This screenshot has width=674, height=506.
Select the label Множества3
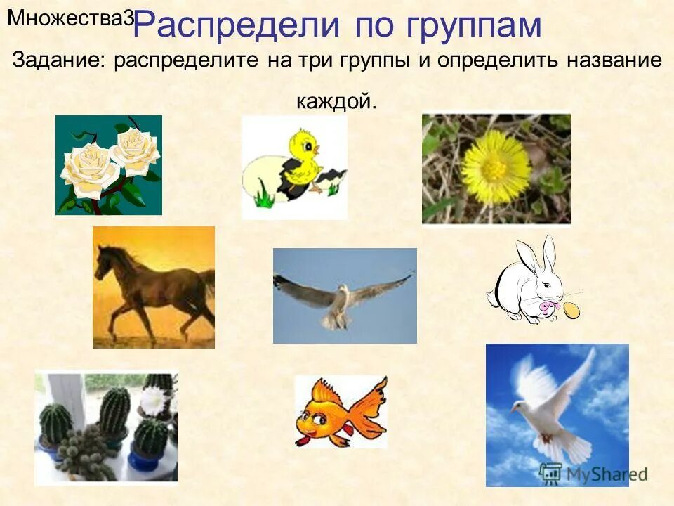[x=70, y=19]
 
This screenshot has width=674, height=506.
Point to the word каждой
[x=336, y=103]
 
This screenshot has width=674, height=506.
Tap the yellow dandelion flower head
[x=495, y=167]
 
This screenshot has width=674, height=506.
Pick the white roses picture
[x=109, y=164]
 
